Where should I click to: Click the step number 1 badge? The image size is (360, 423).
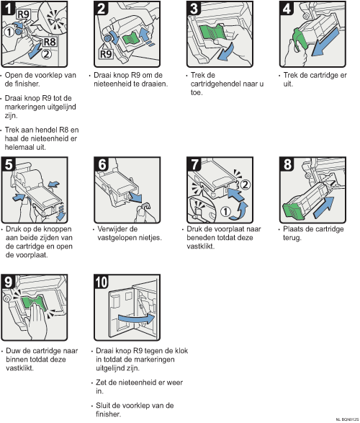point(8,8)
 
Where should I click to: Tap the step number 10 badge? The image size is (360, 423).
point(102,282)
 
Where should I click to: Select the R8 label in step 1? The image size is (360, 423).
point(50,42)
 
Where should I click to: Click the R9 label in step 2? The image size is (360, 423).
point(106,54)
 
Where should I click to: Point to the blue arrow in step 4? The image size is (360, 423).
point(325,42)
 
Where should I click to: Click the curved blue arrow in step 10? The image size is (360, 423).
point(136,319)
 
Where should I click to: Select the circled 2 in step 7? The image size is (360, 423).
point(245,184)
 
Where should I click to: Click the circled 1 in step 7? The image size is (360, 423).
point(225,212)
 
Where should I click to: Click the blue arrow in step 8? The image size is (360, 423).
point(324,208)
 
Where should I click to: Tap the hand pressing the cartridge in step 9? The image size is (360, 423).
point(37,321)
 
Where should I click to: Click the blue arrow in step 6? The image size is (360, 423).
point(135,197)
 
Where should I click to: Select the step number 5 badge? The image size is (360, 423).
point(8,164)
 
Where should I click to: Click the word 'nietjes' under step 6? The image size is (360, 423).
point(151,238)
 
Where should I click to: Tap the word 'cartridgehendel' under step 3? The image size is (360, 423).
point(215,84)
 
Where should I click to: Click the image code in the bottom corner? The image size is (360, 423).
point(348,419)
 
